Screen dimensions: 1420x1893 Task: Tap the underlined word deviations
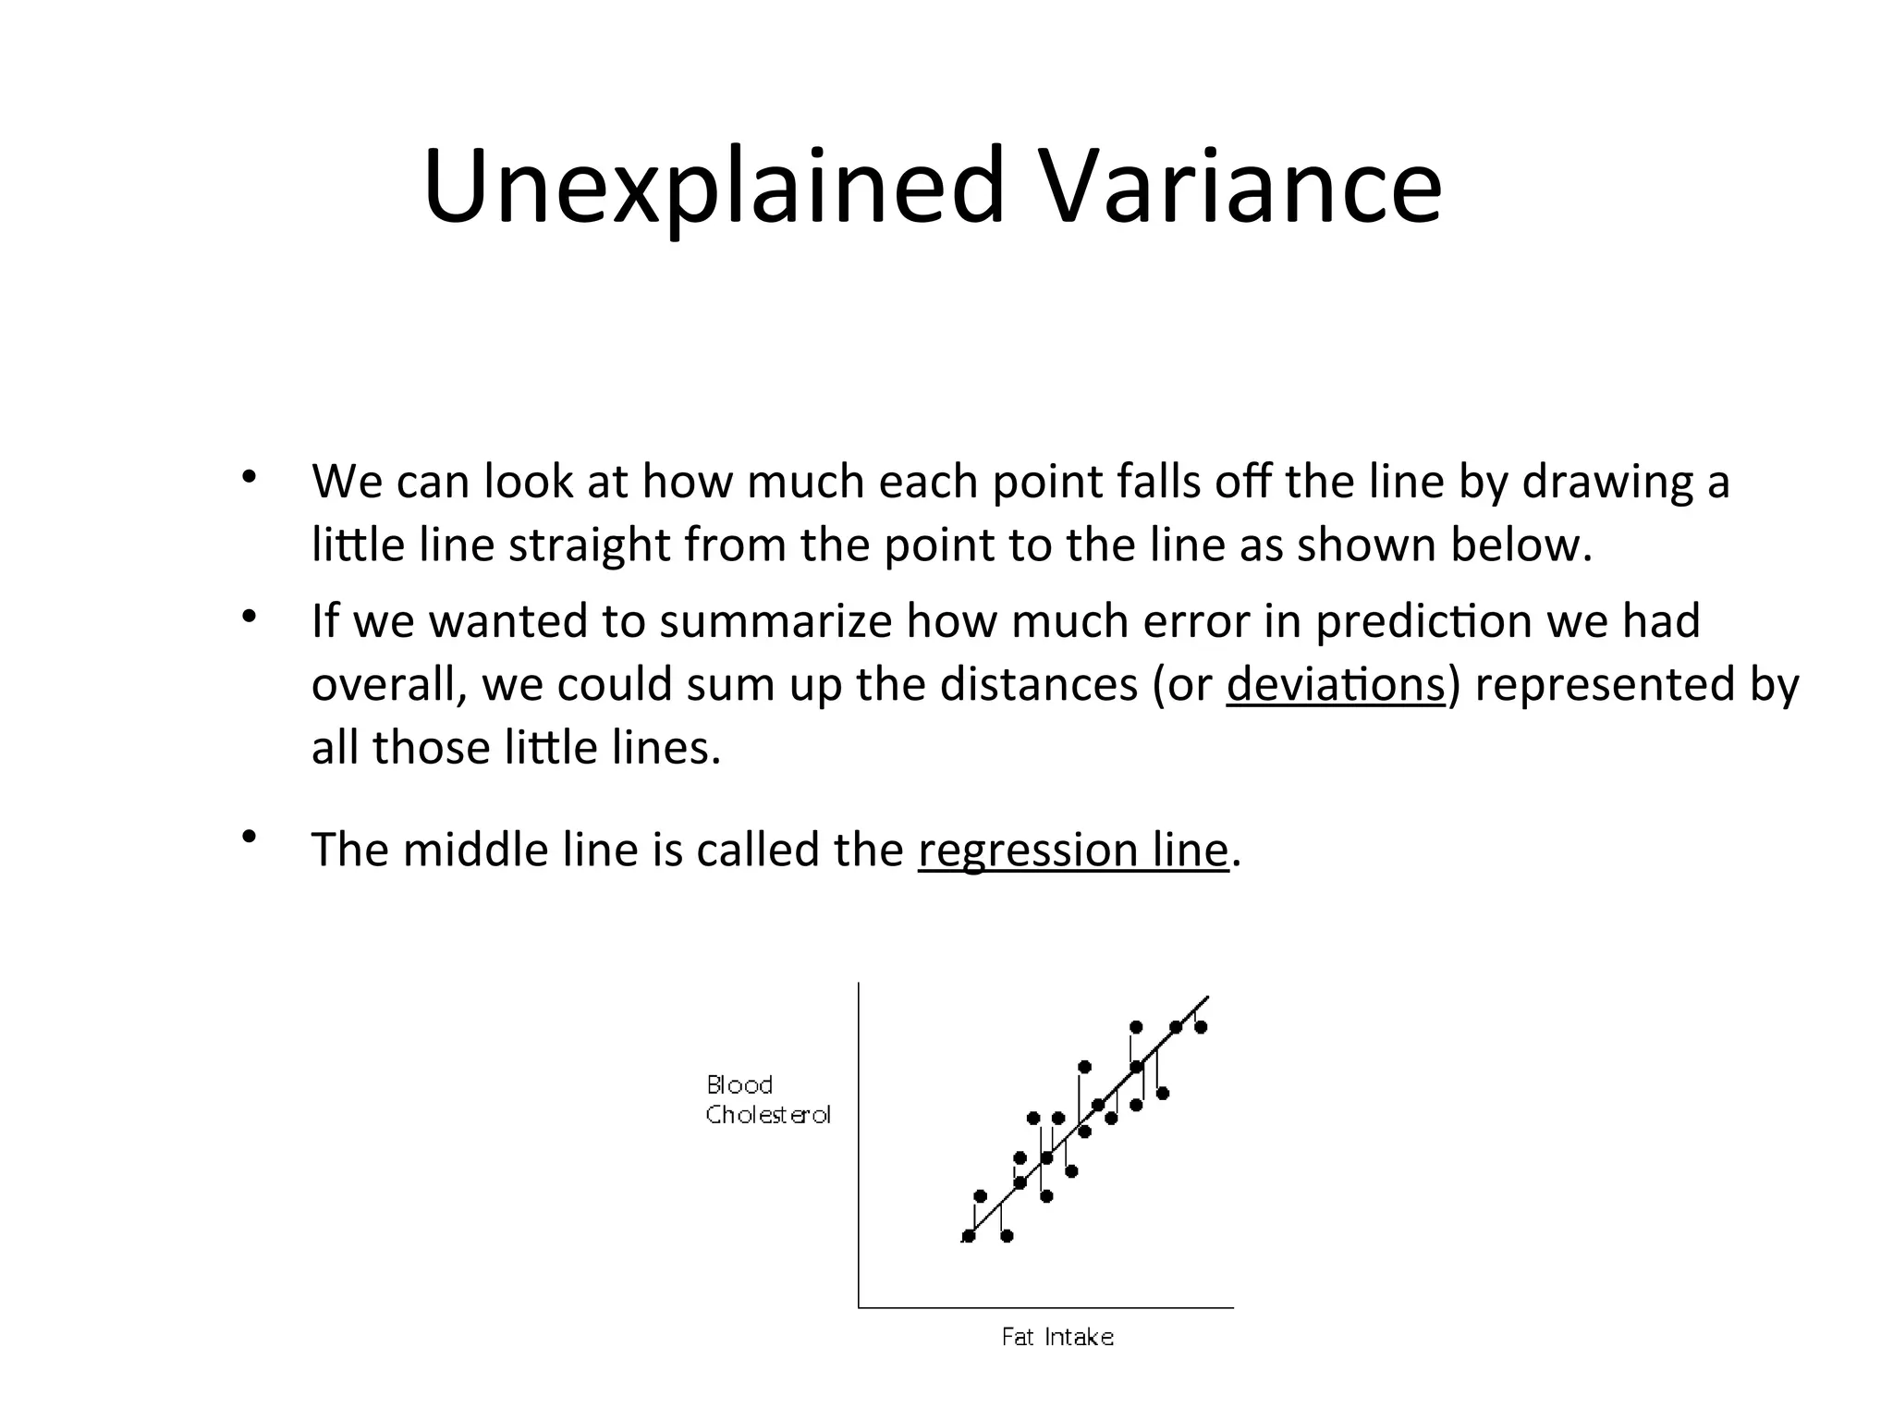1335,685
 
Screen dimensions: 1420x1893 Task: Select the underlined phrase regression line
1073,850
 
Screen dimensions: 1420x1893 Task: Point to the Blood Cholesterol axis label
767,1099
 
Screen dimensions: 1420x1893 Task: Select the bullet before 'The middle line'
248,837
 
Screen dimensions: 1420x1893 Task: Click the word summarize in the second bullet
775,621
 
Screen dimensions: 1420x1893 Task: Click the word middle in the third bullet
475,850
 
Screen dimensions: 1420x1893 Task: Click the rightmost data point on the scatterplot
1201,1027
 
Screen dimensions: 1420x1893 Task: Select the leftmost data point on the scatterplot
969,1236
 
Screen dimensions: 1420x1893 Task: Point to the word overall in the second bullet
388,685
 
